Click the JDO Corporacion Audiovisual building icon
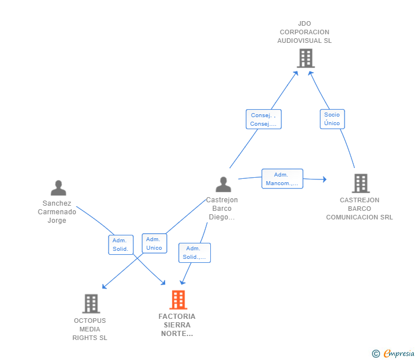(306, 58)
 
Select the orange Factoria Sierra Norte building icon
(178, 300)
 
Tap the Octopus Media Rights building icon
(91, 303)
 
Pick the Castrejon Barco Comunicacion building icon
(361, 183)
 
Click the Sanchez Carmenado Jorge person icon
(58, 188)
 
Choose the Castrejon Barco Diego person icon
(223, 185)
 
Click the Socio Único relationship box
(332, 119)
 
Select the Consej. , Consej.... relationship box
(263, 119)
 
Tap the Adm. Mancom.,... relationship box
(282, 179)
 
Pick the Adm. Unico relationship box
(154, 243)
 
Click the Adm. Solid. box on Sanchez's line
(121, 245)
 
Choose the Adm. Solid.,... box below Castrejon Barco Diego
(194, 253)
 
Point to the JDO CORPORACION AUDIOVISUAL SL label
(305, 32)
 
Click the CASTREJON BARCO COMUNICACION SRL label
(359, 209)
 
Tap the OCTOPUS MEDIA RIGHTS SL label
(90, 329)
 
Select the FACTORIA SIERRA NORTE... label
(177, 325)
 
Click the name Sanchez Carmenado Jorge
(57, 211)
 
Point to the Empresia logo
(393, 353)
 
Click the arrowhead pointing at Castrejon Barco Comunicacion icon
(325, 179)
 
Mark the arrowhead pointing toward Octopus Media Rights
(104, 286)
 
